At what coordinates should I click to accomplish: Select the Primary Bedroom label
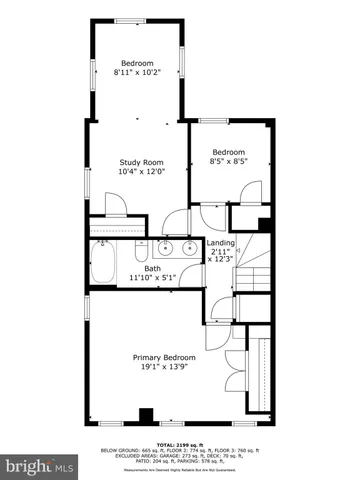tap(164, 357)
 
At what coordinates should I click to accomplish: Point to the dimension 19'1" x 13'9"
tap(164, 367)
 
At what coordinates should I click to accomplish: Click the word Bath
tap(152, 268)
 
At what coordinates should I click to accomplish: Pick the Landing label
tap(220, 242)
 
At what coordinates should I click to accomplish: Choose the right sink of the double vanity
tap(188, 246)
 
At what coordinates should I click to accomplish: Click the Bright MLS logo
tap(40, 467)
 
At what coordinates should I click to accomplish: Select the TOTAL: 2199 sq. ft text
tap(180, 443)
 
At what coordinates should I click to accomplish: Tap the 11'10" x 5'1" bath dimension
tap(152, 278)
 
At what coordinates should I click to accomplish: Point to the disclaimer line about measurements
tap(180, 466)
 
